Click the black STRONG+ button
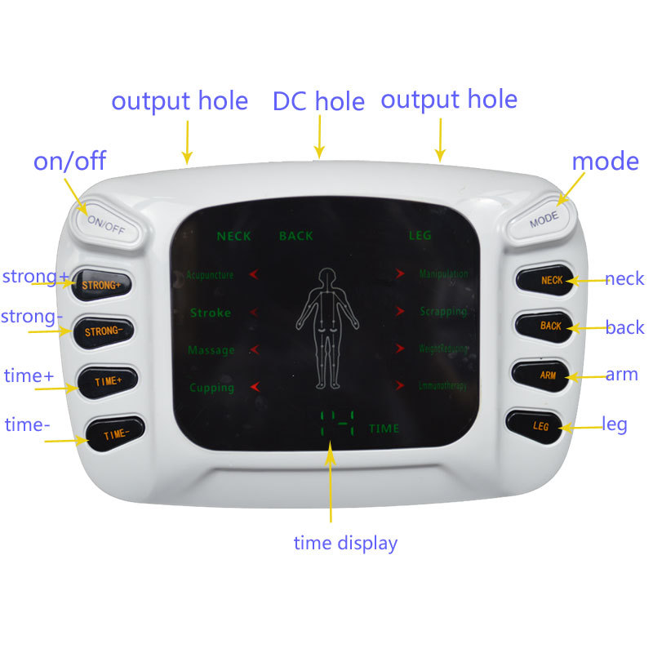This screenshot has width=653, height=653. [102, 285]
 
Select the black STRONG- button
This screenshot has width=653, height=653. [104, 331]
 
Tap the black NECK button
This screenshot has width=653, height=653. [550, 280]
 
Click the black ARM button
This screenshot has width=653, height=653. [545, 375]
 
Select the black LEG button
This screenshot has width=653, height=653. [540, 426]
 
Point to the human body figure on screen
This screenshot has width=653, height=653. [326, 326]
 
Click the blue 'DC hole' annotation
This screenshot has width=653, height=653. [318, 102]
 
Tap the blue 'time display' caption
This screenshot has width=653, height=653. [345, 543]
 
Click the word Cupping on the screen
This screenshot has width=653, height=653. [211, 388]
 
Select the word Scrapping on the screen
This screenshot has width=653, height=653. [443, 312]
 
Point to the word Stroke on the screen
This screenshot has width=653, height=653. [211, 313]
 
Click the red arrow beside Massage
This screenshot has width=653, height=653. [255, 349]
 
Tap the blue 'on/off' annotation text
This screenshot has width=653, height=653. [69, 161]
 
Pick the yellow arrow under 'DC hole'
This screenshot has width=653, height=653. [320, 135]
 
